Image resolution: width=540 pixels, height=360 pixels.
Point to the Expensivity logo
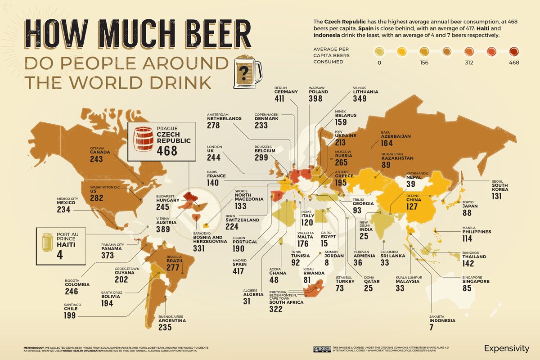(507, 348)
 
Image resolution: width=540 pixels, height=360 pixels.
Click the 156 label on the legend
(424, 63)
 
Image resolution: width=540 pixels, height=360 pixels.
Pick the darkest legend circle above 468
(513, 51)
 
